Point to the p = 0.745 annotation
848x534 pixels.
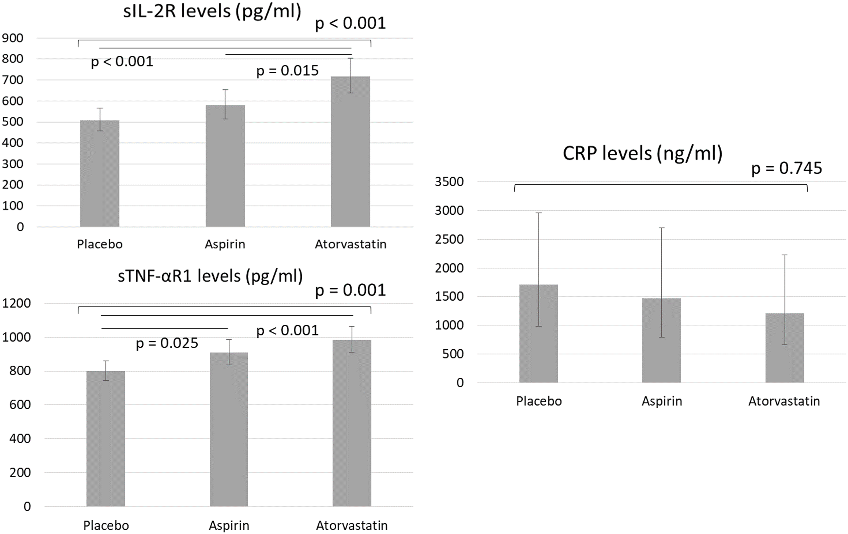786,168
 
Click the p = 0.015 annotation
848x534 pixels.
287,71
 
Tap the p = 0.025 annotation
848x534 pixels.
167,343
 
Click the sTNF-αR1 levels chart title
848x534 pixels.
210,276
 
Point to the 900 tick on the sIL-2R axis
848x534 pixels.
13,38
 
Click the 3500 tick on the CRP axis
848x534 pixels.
449,182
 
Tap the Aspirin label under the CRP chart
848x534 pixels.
662,401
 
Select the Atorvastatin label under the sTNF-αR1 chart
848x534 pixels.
352,526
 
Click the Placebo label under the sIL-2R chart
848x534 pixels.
100,244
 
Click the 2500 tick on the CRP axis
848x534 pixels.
449,239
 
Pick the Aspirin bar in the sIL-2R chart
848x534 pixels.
225,165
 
